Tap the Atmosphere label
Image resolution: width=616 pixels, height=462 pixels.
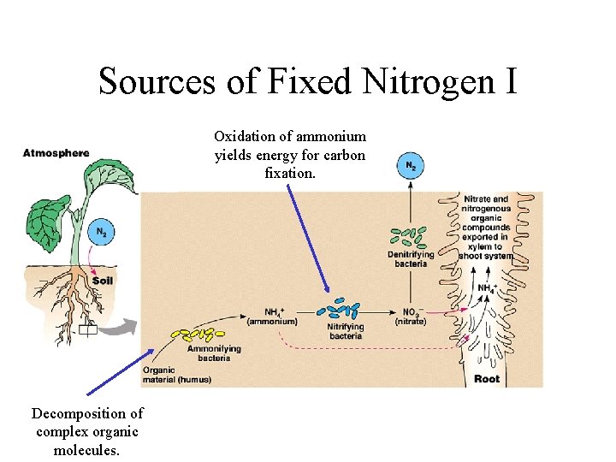56,154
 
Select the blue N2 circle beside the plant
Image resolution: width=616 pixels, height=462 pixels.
100,232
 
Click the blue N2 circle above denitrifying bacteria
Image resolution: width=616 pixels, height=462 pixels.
410,165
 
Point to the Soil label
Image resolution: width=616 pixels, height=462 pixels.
103,280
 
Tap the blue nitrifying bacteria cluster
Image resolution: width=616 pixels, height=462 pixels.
344,309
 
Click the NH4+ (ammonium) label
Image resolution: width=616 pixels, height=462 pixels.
272,316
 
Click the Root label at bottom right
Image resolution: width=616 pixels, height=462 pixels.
487,378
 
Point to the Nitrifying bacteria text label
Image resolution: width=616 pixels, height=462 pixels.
345,331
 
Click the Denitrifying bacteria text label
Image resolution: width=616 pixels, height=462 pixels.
411,259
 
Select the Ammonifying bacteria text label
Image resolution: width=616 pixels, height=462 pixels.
214,353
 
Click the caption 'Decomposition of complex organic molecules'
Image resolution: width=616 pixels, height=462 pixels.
87,432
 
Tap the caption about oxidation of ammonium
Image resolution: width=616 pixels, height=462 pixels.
290,155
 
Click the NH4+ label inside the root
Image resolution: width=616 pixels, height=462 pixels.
486,289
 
